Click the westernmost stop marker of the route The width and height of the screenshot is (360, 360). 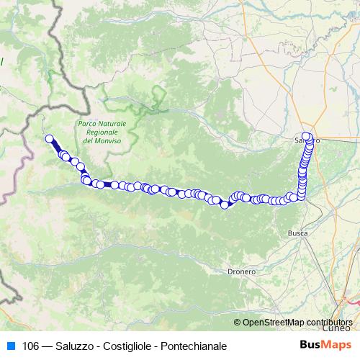(50, 139)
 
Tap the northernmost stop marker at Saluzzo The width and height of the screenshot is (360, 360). (306, 136)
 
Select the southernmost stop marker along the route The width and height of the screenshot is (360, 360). (225, 204)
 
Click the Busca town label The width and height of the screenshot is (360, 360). (297, 233)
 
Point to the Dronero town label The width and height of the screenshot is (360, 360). (241, 272)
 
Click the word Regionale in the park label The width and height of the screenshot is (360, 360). (102, 132)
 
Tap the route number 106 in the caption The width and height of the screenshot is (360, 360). (30, 346)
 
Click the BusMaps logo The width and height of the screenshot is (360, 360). (325, 346)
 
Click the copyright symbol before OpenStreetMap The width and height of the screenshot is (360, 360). (237, 322)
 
